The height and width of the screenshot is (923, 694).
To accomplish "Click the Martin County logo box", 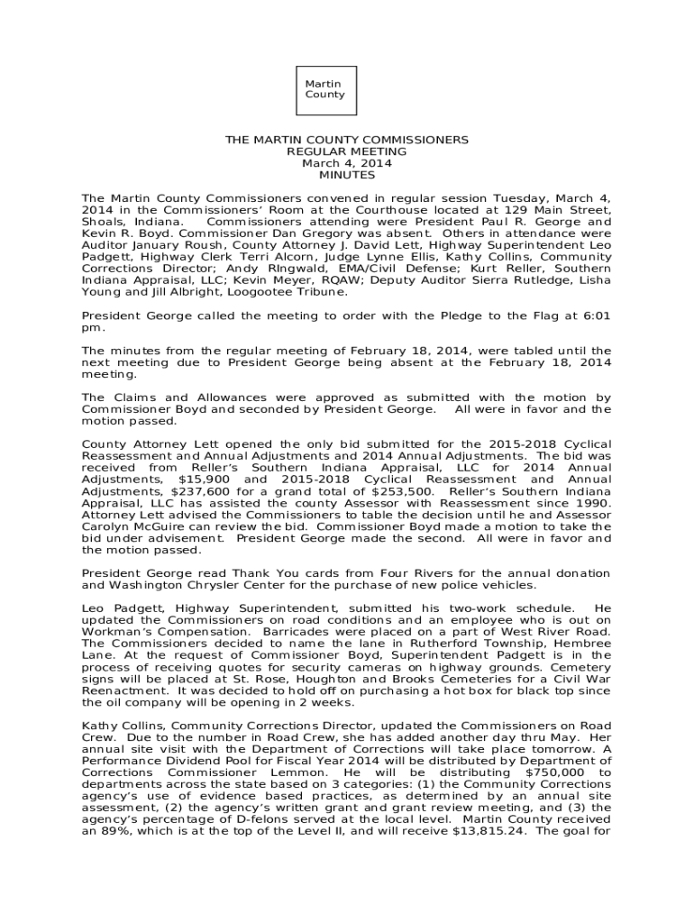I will click(324, 89).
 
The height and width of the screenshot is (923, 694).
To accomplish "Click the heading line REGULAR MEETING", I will click(346, 152).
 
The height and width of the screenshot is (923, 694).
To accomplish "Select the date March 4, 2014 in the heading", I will click(346, 164).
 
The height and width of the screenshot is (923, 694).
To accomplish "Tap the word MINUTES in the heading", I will click(346, 176).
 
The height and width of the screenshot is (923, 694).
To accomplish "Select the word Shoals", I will click(102, 221).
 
